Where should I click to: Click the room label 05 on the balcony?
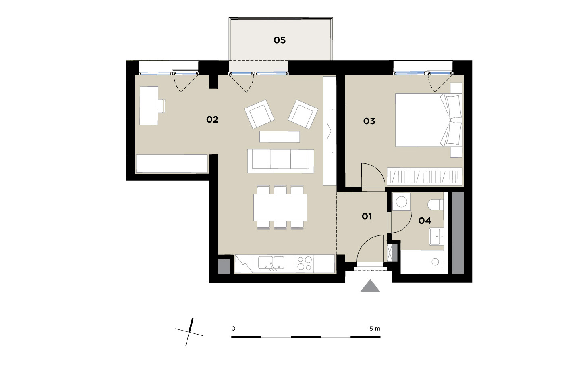280,40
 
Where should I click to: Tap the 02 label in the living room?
212,119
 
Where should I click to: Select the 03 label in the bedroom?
369,121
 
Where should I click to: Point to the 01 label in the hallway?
367,217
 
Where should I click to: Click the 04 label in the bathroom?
425,221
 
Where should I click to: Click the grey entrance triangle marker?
370,286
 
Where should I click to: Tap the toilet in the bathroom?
435,204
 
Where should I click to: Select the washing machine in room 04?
402,202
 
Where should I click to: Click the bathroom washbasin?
436,237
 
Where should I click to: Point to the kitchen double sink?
271,263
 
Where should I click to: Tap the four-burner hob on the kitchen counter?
305,264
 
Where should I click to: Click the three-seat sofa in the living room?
281,161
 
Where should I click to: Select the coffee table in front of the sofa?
280,137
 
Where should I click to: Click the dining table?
280,207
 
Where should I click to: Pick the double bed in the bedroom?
429,120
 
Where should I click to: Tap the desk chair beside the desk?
161,106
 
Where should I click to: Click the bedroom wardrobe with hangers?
425,177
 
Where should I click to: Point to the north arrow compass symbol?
189,332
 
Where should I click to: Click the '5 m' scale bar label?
375,329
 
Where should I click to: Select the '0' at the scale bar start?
233,329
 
